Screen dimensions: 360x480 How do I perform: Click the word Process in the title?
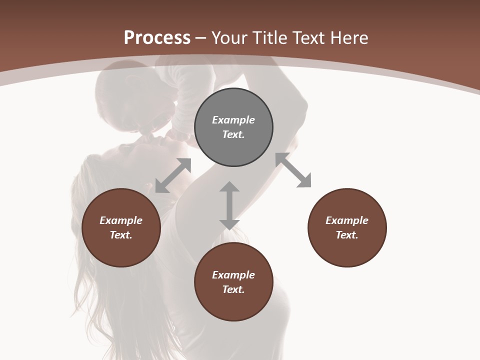pos(157,38)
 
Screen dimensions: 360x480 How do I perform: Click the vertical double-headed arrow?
pos(229,205)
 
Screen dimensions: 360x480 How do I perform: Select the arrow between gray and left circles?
pos(173,175)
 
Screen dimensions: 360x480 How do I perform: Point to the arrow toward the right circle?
pos(293,170)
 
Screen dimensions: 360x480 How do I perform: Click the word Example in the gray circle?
pos(233,120)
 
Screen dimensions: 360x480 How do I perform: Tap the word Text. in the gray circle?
pos(233,134)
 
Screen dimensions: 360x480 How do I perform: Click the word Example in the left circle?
pos(121,220)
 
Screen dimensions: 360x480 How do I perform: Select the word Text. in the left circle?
pos(121,235)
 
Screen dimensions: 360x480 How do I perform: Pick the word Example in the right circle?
pos(347,220)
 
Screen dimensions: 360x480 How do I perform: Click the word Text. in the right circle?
pos(347,235)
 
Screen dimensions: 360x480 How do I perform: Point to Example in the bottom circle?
pos(233,275)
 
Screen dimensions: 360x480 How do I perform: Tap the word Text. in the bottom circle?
pos(233,289)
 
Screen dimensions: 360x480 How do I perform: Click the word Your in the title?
pos(229,38)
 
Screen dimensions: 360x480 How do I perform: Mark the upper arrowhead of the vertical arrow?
pos(229,187)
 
